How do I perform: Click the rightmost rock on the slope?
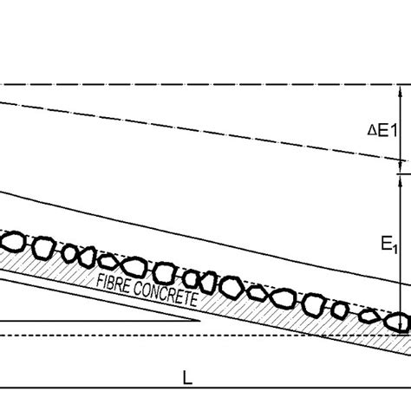coord(398,322)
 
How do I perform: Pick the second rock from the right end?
coord(370,315)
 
